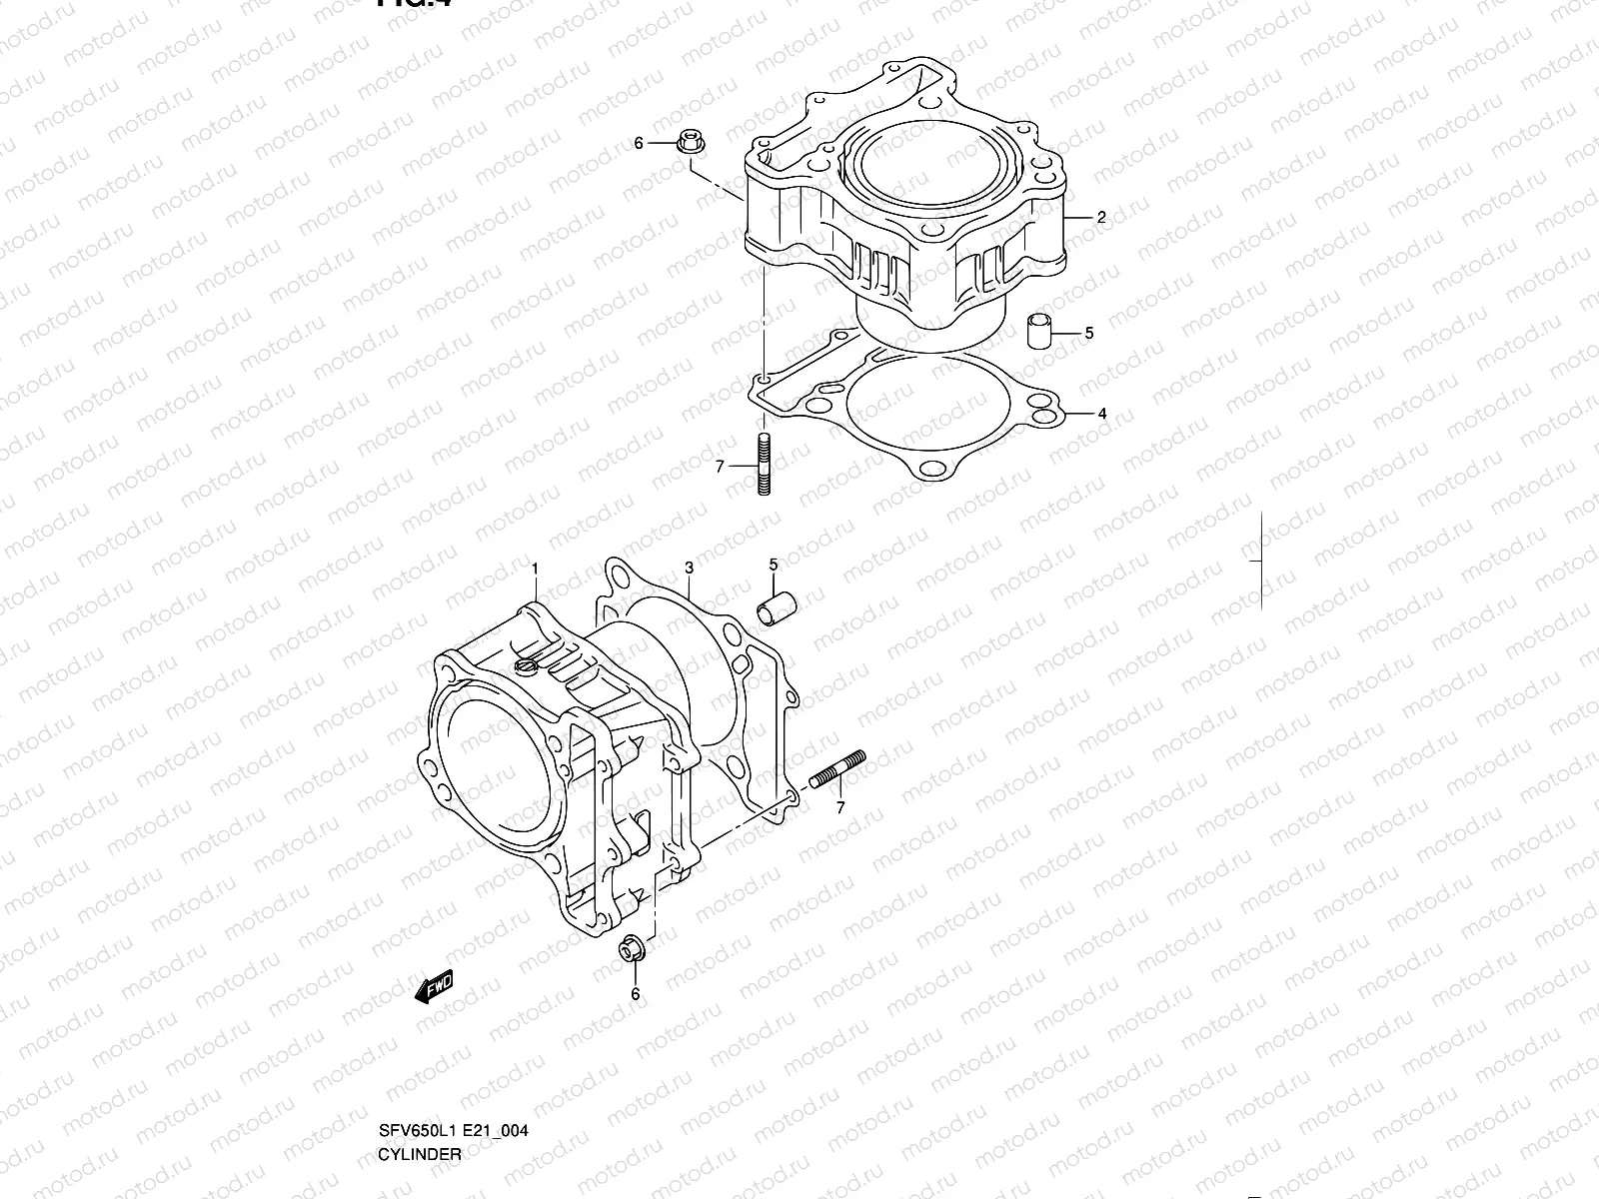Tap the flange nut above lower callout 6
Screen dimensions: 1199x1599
click(x=632, y=948)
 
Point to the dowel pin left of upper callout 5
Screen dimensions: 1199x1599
click(x=1038, y=332)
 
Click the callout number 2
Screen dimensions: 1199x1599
click(x=1101, y=217)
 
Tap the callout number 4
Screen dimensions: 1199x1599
click(x=1102, y=413)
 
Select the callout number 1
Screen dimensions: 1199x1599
click(x=535, y=569)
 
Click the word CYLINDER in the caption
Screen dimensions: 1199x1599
click(x=420, y=1153)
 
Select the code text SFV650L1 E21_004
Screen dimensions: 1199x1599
click(x=453, y=1131)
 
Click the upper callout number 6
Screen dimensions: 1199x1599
click(x=639, y=144)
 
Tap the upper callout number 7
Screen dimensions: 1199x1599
click(x=720, y=466)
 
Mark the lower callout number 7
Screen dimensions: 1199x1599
click(x=839, y=807)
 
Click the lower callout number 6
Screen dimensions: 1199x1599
click(x=635, y=994)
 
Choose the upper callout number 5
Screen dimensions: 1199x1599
click(x=1089, y=333)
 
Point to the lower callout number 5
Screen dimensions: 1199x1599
click(x=773, y=566)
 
